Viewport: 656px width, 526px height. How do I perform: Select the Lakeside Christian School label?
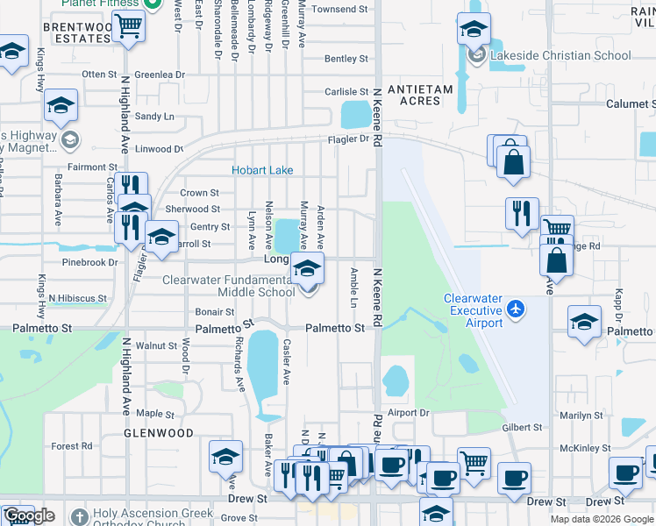click(560, 55)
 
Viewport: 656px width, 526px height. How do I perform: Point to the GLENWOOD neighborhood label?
click(158, 433)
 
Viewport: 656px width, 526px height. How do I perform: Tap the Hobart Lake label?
click(262, 170)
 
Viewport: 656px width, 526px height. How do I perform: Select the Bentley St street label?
click(346, 59)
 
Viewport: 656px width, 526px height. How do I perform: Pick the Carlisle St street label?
click(346, 91)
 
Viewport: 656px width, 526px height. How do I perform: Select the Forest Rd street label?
click(72, 445)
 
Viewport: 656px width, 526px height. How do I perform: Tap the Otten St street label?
click(99, 75)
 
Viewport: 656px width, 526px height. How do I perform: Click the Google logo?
click(29, 515)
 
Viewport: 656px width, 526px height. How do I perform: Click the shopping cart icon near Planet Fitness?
click(128, 25)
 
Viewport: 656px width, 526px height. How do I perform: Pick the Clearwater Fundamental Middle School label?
click(229, 286)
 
